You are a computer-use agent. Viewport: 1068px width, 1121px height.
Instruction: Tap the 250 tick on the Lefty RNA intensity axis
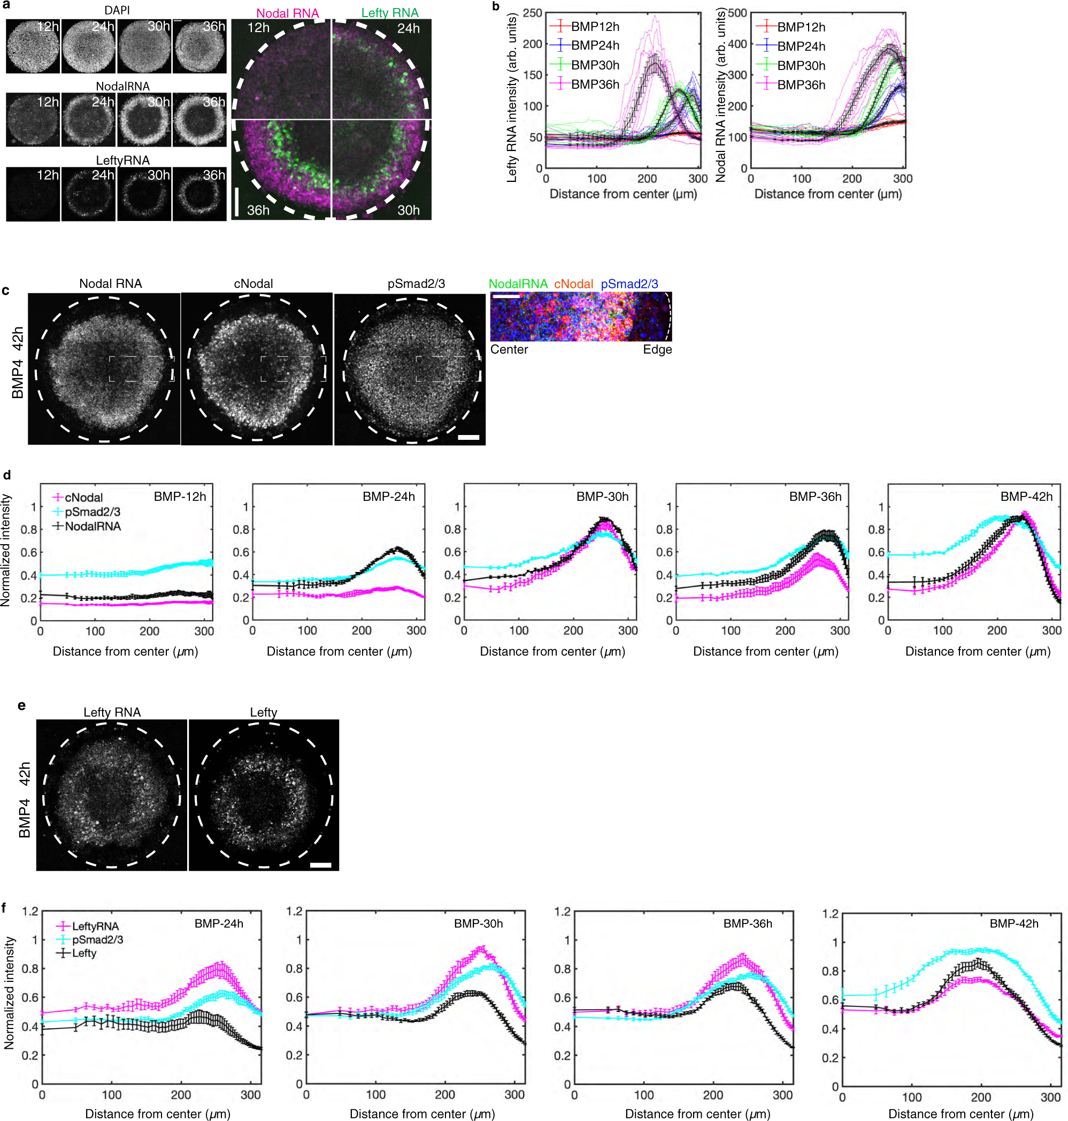pos(533,12)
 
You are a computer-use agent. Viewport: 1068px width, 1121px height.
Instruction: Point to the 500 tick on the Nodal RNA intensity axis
pos(737,12)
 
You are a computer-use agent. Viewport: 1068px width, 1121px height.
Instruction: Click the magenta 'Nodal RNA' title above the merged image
pos(288,13)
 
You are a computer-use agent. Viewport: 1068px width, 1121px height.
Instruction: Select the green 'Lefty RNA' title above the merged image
pos(390,12)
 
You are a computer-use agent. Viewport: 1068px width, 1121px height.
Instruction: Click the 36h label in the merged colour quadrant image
pos(258,210)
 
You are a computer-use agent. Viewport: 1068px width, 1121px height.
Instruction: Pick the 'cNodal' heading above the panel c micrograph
pos(253,284)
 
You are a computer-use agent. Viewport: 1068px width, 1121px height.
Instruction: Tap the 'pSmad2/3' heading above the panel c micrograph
pos(416,284)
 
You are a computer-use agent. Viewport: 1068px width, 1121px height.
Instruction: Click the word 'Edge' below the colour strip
pos(657,350)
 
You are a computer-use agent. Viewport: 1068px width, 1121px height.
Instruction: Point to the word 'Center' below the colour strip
pos(509,350)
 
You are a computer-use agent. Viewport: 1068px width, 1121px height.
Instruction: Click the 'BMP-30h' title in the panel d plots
pos(602,496)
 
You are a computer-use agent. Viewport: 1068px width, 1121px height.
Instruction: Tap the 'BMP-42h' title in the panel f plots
pos(1014,924)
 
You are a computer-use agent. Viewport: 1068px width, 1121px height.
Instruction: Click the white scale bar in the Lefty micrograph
pos(321,865)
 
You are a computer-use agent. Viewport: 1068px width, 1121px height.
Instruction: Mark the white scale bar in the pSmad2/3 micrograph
pos(468,438)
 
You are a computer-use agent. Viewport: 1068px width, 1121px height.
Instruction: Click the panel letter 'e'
pos(21,705)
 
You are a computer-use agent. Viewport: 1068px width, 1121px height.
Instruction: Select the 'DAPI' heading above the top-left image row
pos(117,10)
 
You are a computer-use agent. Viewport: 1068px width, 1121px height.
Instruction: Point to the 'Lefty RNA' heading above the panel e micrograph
pos(112,712)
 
